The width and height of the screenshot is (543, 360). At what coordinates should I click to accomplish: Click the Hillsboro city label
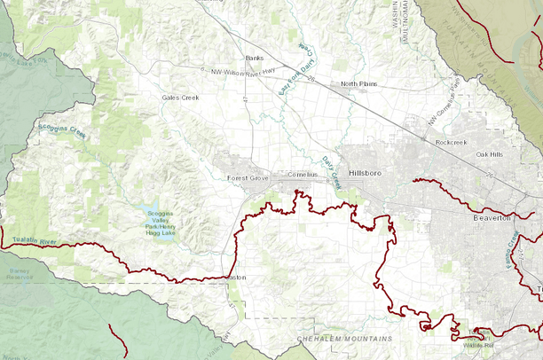click(364, 173)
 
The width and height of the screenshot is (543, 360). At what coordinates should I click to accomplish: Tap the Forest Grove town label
click(248, 178)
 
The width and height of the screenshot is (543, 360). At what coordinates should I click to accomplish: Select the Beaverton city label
click(486, 217)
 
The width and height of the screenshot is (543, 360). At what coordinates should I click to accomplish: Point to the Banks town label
click(255, 59)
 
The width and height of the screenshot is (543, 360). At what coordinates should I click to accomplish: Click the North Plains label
click(359, 86)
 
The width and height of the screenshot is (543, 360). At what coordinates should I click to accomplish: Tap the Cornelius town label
click(302, 175)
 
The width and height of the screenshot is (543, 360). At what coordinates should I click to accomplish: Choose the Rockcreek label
click(451, 142)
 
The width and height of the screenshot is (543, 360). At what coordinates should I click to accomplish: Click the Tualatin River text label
click(35, 241)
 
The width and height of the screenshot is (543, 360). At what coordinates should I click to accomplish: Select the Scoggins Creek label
click(62, 131)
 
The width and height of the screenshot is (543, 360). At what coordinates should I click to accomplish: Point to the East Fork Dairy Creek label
click(294, 70)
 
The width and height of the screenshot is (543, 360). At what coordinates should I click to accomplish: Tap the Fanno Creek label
click(512, 254)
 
